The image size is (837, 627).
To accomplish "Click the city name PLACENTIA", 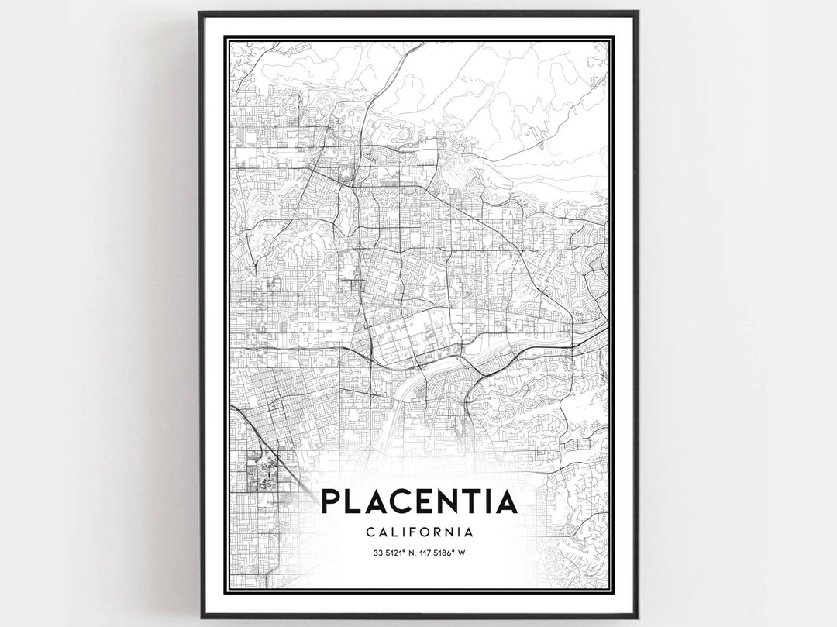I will coord(418,501).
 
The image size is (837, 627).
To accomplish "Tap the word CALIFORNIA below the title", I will coord(418,532).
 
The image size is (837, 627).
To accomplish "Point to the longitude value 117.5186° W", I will coord(444,553).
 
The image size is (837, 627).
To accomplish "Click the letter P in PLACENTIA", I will coord(331,501).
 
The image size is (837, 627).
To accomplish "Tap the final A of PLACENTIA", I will coord(505,501).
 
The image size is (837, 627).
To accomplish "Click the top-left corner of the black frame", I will coord(200,12).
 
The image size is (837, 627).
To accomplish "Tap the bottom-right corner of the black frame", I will coord(637,617).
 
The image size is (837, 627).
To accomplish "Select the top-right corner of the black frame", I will coord(637,12).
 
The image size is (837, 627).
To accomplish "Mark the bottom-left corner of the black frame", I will coord(200,617).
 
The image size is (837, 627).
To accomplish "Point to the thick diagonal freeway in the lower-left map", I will coord(260,438).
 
